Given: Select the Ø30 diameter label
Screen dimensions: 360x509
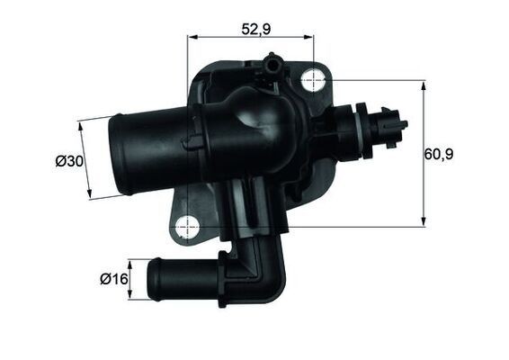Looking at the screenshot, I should coord(69,161).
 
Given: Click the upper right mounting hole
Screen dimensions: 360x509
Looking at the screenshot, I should coord(312,79).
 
